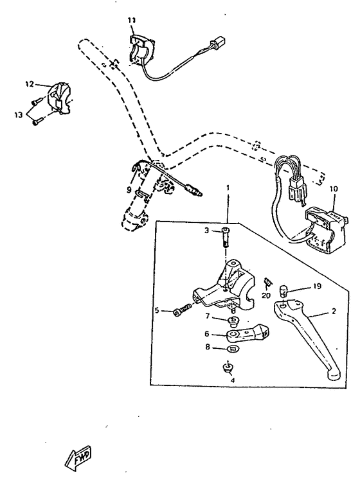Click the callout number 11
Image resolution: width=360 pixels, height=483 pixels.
pos(131,21)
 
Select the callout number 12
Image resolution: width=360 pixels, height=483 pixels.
pos(30,84)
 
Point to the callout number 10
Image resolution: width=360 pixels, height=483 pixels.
pos(333,189)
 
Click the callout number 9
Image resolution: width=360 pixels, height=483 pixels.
pos(129,190)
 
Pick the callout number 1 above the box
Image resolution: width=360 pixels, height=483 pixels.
pos(227,187)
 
